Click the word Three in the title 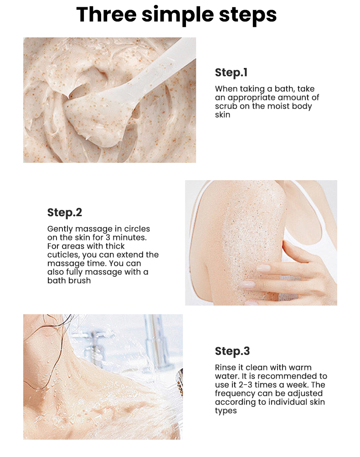(x=106, y=14)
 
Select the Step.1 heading (x=231, y=73)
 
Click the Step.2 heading (x=65, y=213)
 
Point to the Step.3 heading (x=232, y=351)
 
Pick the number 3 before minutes (x=108, y=238)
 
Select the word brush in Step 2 (x=80, y=280)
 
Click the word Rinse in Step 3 (x=225, y=367)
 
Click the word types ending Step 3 (x=226, y=411)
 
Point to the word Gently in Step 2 (x=60, y=229)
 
